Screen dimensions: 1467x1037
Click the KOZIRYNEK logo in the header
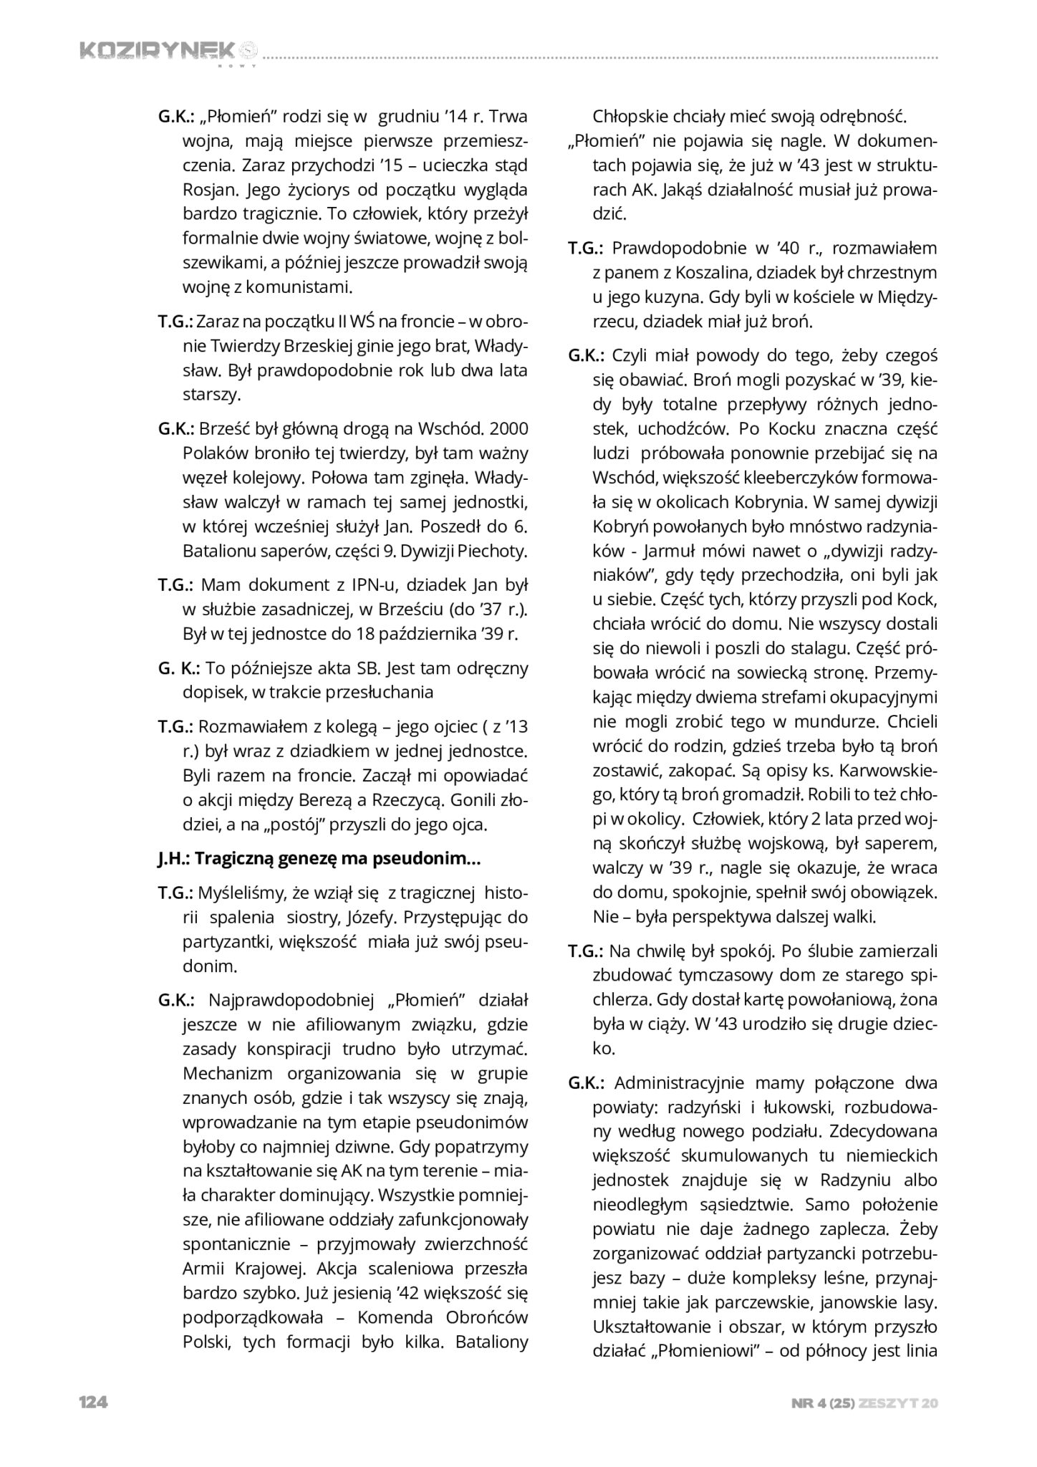167,52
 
